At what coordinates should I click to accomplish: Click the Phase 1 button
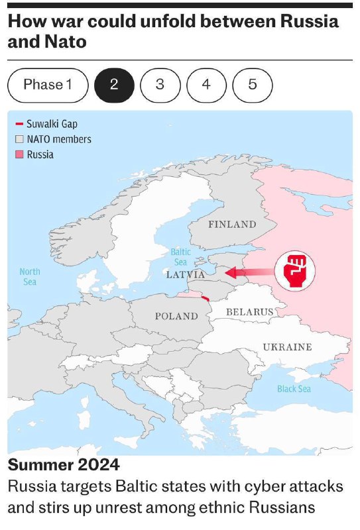point(47,85)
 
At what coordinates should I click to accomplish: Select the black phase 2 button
point(114,85)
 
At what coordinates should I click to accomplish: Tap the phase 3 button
point(160,85)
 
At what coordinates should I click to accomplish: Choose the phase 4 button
point(206,85)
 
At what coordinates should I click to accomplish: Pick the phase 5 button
point(253,85)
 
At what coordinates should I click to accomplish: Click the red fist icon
point(295,270)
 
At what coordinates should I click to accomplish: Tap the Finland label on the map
point(232,224)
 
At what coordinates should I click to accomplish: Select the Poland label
point(176,316)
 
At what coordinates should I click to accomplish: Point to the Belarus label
point(249,311)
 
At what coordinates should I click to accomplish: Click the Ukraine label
point(287,346)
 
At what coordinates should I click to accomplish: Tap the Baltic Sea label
point(180,257)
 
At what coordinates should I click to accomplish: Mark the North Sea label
point(30,277)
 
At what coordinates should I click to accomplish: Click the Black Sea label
point(294,389)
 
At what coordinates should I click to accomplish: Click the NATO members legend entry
point(53,139)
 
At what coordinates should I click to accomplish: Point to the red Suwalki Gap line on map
point(206,299)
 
